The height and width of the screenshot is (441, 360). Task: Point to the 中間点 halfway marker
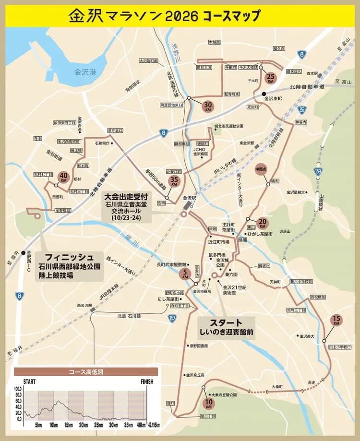[x=261, y=169]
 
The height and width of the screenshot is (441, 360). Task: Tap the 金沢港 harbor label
[x=85, y=72]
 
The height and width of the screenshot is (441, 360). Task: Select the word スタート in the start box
[x=225, y=322]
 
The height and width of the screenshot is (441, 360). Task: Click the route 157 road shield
[x=172, y=318]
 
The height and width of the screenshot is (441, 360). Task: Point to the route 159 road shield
[x=318, y=171]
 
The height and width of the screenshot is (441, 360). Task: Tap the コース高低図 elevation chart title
[x=86, y=371]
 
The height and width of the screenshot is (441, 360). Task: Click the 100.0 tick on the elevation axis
[x=18, y=389]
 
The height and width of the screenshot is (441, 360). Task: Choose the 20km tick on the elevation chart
[x=83, y=425]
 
